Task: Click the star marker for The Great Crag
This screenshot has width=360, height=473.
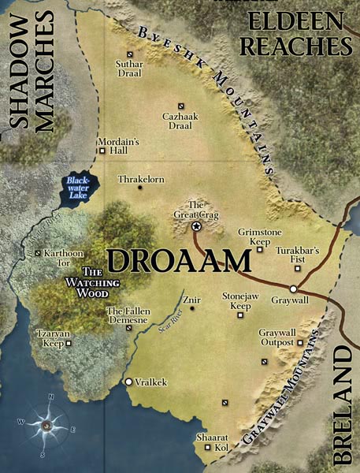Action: pyautogui.click(x=196, y=226)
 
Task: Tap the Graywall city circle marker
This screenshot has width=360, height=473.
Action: pyautogui.click(x=293, y=289)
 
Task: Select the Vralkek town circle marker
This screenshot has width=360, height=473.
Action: pyautogui.click(x=129, y=382)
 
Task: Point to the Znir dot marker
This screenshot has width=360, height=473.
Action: pyautogui.click(x=191, y=308)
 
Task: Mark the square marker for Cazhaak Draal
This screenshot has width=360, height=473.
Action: pyautogui.click(x=181, y=106)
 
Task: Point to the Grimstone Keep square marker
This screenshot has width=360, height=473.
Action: pyautogui.click(x=259, y=250)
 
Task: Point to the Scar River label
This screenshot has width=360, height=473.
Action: pyautogui.click(x=165, y=323)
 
